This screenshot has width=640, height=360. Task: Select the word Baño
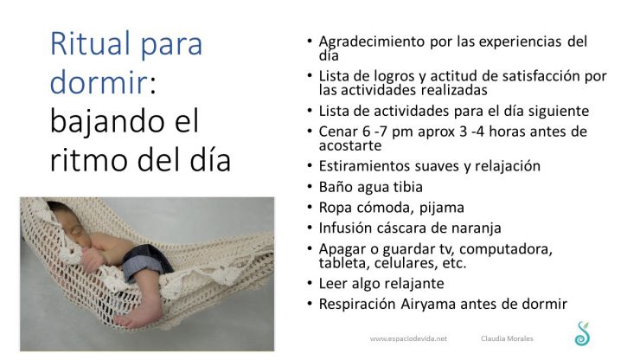coord(336,186)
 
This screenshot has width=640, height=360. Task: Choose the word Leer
coord(334,283)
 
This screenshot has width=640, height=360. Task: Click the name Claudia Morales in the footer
coord(507,339)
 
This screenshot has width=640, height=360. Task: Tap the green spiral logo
coord(581,333)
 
